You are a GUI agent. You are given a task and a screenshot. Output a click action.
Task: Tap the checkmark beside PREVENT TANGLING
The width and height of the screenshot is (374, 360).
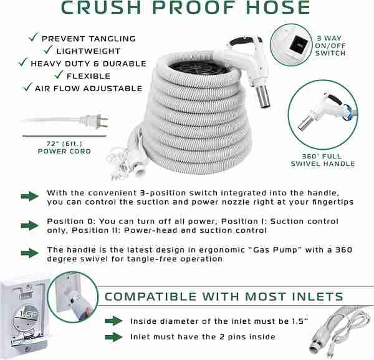click(x=33, y=37)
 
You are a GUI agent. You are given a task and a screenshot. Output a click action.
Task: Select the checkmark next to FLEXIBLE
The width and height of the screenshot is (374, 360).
click(x=59, y=74)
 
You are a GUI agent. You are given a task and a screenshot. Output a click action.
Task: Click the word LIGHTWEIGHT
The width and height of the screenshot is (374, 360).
click(x=89, y=51)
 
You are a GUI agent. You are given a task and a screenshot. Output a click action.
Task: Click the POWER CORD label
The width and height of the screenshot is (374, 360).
click(x=64, y=152)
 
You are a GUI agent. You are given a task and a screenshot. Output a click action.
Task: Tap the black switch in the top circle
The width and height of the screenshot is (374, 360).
click(x=297, y=44)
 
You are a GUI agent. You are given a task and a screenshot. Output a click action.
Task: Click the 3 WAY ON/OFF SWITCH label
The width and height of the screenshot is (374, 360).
click(x=330, y=46)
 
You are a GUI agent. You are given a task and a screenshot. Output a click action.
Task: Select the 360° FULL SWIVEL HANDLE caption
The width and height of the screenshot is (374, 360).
click(x=323, y=160)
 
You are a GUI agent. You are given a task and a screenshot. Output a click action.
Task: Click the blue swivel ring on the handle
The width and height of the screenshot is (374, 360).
click(x=348, y=112)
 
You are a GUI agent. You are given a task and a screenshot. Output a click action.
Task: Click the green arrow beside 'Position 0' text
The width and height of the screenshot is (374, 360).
click(x=29, y=225)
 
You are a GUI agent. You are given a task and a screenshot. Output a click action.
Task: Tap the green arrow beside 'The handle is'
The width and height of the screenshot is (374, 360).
click(x=29, y=253)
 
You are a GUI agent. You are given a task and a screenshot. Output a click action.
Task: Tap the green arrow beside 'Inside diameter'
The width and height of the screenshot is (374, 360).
click(x=113, y=321)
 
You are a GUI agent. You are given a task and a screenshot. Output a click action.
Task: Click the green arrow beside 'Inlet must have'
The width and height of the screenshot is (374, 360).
click(x=113, y=337)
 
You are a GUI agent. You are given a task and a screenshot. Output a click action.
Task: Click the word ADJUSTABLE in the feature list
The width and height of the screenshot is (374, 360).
click(x=113, y=89)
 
